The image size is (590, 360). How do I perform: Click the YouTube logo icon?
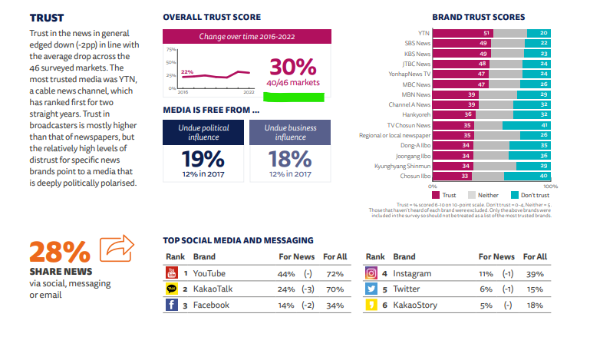172,273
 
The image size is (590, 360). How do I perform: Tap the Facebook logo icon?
172,305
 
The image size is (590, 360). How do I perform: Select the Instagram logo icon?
371,273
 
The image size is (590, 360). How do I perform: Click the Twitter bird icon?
371,289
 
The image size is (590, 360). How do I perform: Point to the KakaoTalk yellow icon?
172,289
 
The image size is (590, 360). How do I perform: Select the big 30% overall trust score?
292,68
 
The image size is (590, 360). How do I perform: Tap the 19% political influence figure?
203,159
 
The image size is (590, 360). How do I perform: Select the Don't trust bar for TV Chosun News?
526,124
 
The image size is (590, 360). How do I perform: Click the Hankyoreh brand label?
414,114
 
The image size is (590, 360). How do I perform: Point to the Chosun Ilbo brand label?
414,175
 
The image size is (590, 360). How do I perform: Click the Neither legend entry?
483,195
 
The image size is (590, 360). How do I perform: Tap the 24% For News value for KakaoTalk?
287,289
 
